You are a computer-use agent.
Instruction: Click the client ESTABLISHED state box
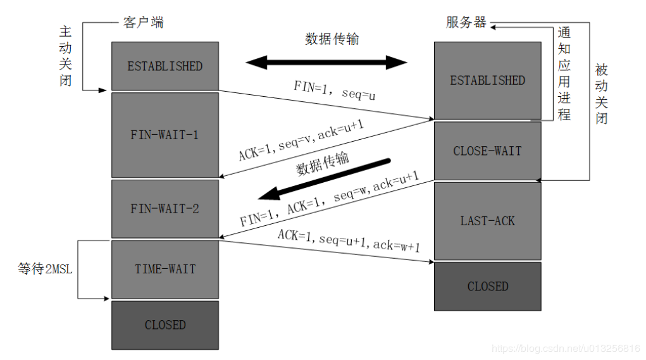(x=165, y=66)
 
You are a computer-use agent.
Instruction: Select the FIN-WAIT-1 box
(x=165, y=135)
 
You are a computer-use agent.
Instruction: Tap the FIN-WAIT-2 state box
(x=165, y=208)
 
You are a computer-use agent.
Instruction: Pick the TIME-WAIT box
(x=165, y=269)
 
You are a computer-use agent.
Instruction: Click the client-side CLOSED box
(x=165, y=325)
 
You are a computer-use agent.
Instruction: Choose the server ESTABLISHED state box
(x=487, y=80)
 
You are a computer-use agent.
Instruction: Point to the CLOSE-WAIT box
(x=487, y=151)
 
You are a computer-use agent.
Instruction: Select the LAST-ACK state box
(x=487, y=221)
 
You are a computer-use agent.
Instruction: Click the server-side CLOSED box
(x=487, y=286)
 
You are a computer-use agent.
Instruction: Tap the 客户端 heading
(x=142, y=23)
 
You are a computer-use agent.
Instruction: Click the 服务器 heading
(x=466, y=23)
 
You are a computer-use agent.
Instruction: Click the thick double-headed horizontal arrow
(x=326, y=62)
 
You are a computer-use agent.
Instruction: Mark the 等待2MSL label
(x=45, y=269)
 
